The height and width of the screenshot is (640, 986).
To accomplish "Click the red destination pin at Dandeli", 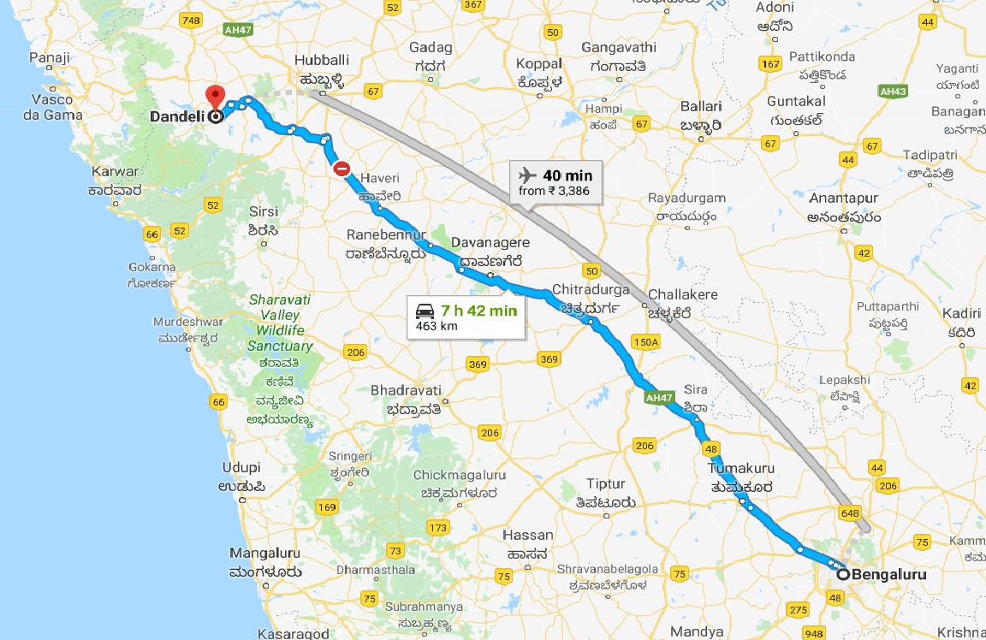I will (x=214, y=96).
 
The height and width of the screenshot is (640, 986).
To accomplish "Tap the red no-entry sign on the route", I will (x=342, y=169).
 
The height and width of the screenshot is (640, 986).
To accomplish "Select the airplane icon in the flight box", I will (x=527, y=175).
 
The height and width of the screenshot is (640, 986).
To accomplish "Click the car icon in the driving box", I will (x=425, y=311).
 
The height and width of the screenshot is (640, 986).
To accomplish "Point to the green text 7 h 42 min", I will (x=479, y=311).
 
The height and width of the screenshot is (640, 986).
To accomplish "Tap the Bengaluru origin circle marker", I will (x=843, y=575).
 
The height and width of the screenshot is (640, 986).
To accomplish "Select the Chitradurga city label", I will (x=591, y=289).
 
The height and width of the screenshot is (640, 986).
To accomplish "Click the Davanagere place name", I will (x=490, y=244).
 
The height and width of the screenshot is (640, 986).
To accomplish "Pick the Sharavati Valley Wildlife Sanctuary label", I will (x=280, y=323).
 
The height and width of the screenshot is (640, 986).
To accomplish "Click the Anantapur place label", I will (x=843, y=199).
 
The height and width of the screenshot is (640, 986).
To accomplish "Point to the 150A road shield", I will (x=646, y=342).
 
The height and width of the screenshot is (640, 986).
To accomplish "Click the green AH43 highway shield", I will (x=893, y=91).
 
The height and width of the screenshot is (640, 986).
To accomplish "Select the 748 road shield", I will (x=191, y=20).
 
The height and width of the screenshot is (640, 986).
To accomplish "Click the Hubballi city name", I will (x=322, y=60).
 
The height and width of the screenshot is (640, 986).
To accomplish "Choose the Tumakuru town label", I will (x=741, y=468).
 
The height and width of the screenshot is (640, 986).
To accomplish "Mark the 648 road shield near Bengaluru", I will (x=849, y=513).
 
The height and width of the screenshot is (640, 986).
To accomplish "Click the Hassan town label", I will (x=527, y=535).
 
